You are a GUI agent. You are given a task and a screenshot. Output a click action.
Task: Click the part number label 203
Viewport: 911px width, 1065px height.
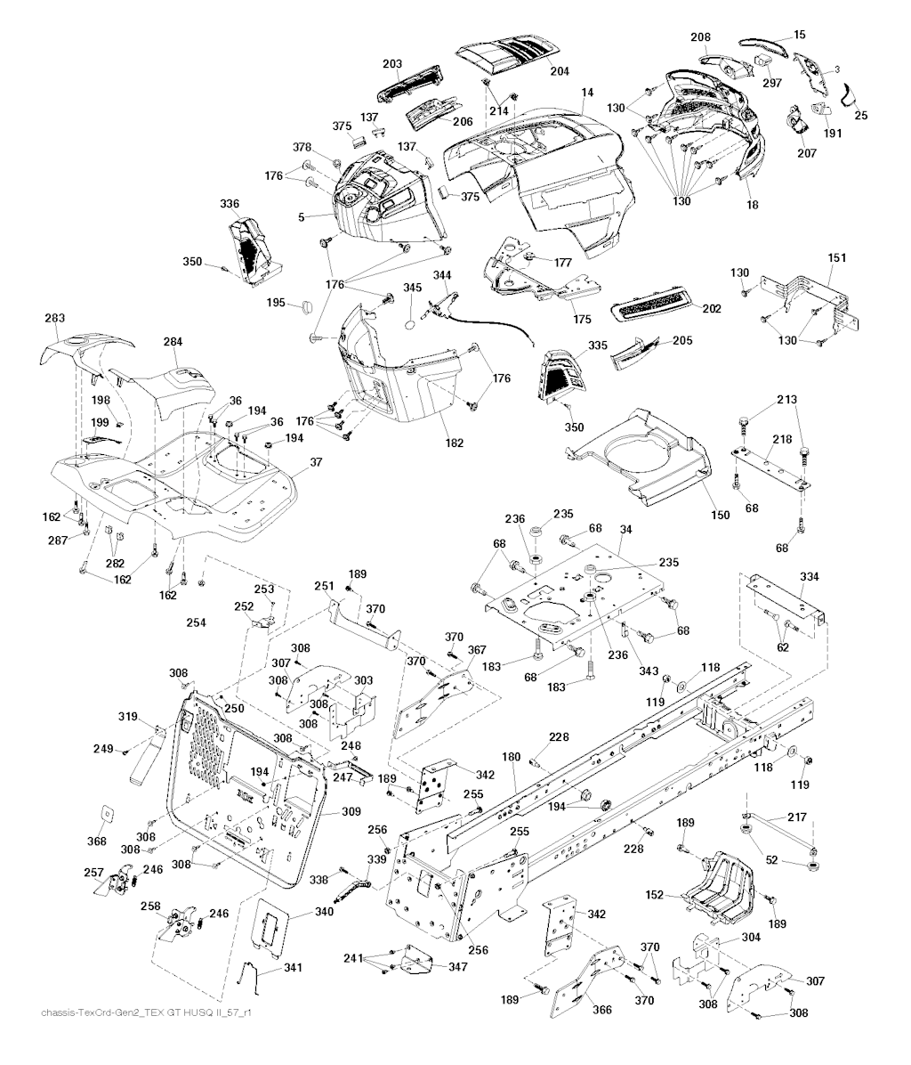392,64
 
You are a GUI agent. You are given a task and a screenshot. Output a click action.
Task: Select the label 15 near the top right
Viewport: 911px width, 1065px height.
800,34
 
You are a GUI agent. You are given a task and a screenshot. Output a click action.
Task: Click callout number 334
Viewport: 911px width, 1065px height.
809,576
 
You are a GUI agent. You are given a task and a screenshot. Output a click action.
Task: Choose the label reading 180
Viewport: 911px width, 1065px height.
511,757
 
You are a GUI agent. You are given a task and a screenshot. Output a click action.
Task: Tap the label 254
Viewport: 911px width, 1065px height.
196,622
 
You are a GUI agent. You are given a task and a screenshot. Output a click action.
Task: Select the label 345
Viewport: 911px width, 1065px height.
412,288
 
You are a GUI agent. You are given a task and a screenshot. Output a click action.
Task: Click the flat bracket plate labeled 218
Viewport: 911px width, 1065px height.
771,466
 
